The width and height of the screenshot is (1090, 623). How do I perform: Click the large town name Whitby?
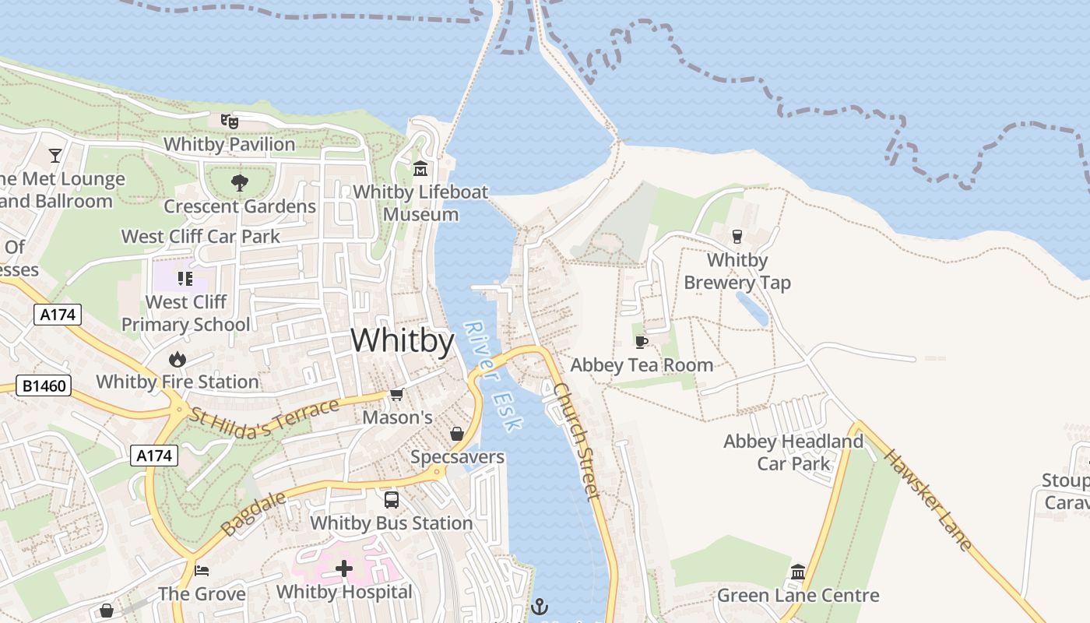tap(403, 341)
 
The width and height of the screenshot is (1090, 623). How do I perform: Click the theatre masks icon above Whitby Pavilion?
tap(229, 121)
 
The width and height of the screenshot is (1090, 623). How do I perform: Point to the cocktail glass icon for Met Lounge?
tap(54, 156)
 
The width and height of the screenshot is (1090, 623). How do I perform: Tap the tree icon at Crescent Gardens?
tap(239, 183)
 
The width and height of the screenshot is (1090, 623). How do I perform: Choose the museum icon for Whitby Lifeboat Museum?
tap(420, 168)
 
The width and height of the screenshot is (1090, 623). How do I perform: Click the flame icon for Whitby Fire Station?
tap(178, 359)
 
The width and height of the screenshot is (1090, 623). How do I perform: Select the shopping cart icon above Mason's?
tap(397, 395)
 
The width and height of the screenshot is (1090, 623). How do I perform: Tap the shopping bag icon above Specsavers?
tap(457, 434)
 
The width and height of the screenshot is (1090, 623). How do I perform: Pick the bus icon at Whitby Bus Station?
tap(392, 500)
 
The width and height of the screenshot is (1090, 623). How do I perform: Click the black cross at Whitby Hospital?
tap(344, 568)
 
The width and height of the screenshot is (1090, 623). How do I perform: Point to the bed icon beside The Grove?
tap(202, 571)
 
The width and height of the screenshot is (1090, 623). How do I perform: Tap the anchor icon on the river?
tap(540, 605)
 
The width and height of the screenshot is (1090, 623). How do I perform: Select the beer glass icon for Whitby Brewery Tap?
tap(737, 236)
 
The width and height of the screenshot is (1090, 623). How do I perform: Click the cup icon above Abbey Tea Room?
tap(642, 342)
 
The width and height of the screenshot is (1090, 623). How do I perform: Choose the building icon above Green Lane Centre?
tap(798, 572)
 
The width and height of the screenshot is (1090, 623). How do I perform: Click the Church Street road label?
tap(577, 440)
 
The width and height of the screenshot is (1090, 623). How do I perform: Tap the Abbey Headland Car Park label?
tap(793, 452)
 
